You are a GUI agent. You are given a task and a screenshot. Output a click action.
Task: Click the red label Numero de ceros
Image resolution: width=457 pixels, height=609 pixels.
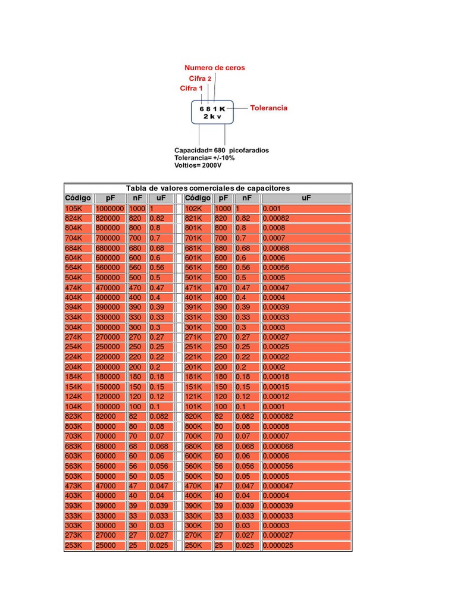[214, 68]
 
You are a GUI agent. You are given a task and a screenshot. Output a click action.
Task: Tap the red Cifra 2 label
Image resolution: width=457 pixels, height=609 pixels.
[200, 79]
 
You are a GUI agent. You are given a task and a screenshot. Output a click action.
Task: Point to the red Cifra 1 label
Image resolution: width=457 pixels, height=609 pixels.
[191, 89]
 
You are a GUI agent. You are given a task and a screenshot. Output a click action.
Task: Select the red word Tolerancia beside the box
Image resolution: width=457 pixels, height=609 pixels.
[268, 108]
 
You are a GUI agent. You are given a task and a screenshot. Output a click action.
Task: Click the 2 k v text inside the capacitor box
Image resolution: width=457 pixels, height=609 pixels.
[212, 117]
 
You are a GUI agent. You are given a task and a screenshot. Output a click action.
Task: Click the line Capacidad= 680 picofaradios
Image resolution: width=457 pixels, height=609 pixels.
[221, 150]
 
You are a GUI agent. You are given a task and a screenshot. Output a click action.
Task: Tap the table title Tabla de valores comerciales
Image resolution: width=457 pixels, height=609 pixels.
[208, 188]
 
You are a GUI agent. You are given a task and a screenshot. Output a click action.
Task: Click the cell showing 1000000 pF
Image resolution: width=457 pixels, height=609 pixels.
[109, 209]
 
